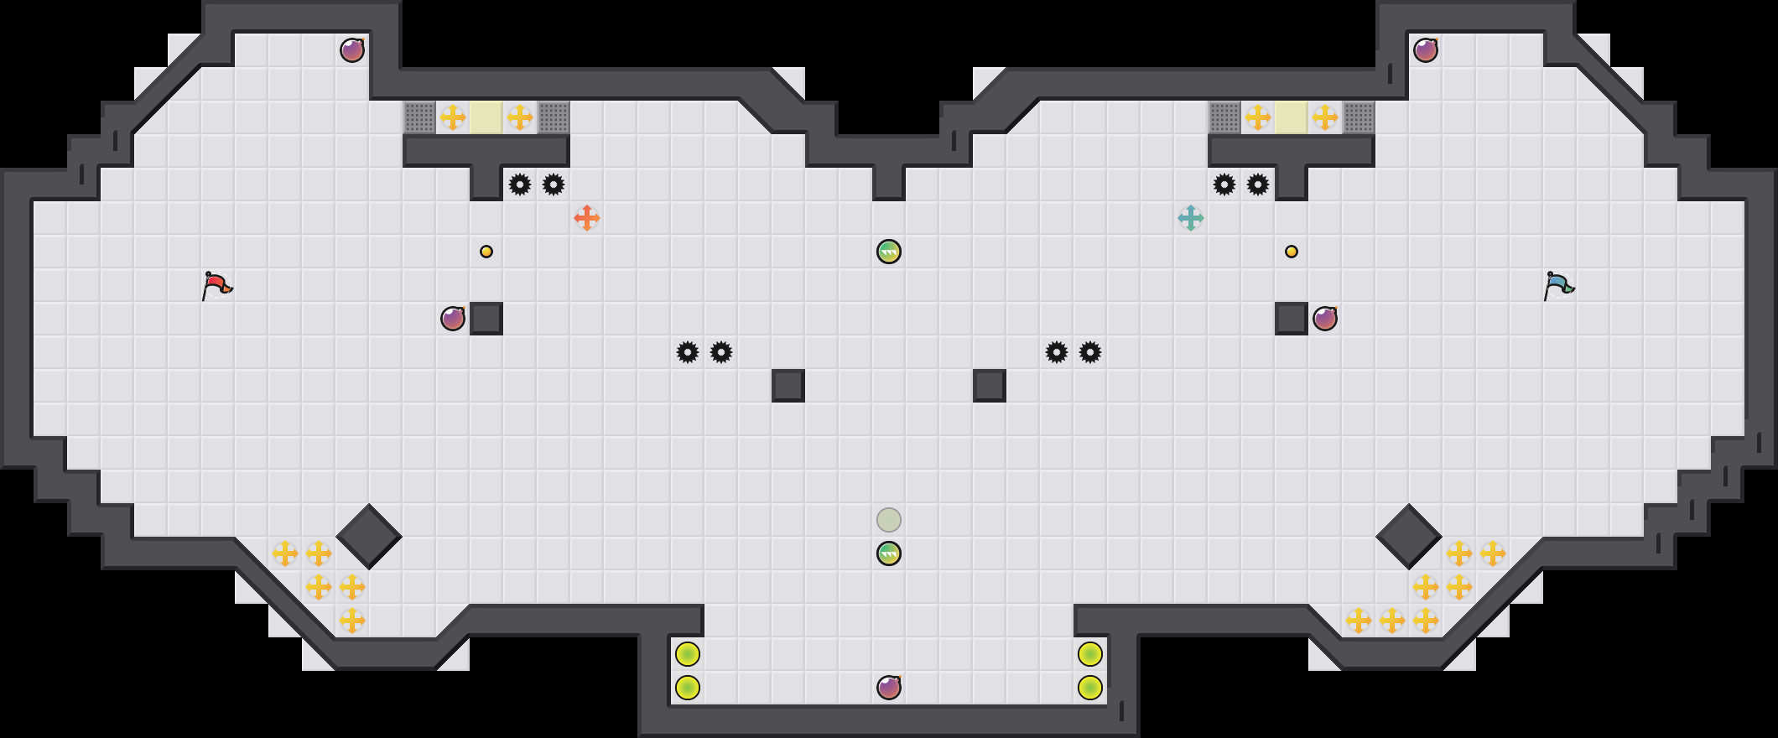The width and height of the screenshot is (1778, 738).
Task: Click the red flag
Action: (216, 285)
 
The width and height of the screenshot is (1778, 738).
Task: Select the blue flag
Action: (1558, 285)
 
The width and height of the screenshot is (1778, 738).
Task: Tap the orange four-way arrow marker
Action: (587, 218)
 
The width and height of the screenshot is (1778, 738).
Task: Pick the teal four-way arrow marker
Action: (1191, 218)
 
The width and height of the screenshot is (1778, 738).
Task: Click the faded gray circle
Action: (889, 520)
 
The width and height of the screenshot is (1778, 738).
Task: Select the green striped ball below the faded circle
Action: (889, 553)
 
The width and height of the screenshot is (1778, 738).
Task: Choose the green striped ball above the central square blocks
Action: (889, 252)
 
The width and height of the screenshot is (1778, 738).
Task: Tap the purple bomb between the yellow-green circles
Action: (889, 688)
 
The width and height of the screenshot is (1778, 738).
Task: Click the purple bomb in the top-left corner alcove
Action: (352, 50)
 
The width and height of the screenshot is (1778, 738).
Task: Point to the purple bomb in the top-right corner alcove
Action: (1426, 50)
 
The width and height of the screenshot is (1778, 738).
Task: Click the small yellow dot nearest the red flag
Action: (486, 252)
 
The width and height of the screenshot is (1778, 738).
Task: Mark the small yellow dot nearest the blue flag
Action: (1292, 252)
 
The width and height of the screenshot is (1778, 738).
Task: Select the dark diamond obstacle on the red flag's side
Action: (369, 537)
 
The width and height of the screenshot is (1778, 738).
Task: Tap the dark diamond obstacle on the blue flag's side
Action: (1409, 537)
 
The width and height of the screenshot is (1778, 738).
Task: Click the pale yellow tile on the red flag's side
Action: (486, 117)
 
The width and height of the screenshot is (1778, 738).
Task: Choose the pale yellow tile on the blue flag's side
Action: (1292, 117)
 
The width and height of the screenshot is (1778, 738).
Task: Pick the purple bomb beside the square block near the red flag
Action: (453, 319)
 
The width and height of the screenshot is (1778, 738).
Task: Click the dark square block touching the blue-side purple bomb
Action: (1292, 319)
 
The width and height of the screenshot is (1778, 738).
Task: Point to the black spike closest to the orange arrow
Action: (554, 184)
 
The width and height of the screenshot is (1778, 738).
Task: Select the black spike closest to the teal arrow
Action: (1224, 184)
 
